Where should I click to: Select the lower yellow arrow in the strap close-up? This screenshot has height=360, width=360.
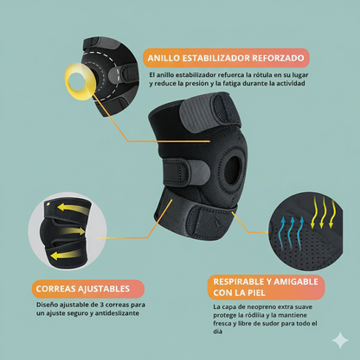64,256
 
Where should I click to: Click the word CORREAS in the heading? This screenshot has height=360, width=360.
60,288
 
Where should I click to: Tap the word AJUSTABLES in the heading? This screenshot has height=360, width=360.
104,288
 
